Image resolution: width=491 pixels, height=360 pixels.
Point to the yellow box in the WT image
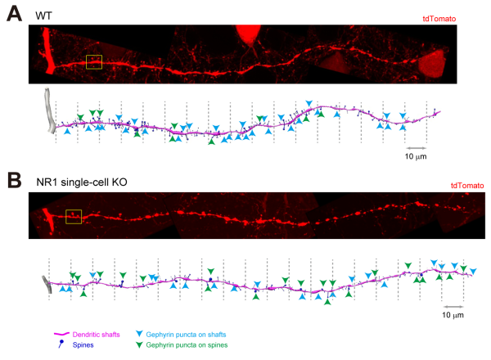93,62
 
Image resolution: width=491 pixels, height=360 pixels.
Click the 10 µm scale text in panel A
416,154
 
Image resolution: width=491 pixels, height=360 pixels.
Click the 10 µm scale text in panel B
453,314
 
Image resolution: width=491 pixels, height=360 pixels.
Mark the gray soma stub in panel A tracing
53,110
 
